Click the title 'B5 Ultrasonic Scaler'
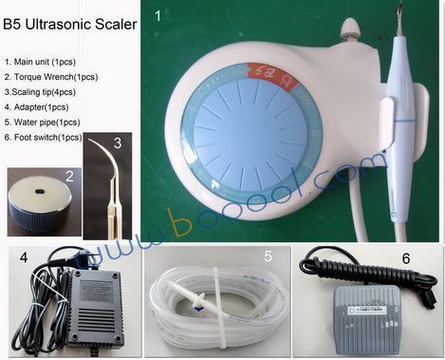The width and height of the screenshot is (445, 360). tap(70, 25)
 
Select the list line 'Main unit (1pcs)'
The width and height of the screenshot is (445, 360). tap(40, 62)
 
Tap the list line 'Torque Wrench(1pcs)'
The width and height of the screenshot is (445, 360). tap(51, 77)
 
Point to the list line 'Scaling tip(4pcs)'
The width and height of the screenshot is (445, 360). tap(40, 92)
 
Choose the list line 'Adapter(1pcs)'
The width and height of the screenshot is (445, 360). tap(37, 107)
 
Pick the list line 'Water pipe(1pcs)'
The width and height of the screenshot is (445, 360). tap(43, 123)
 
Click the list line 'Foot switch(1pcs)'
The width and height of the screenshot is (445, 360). tap(44, 138)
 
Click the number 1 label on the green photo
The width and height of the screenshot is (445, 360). tap(158, 16)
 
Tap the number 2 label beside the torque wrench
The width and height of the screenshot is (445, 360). tap(69, 177)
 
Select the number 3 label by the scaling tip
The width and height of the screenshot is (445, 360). tap(118, 143)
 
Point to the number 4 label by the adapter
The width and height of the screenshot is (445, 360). tap(24, 257)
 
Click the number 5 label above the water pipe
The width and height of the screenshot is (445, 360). tap(269, 256)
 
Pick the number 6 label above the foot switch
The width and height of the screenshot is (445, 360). tap(406, 258)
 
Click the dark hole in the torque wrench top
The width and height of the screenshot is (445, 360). tap(41, 191)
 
